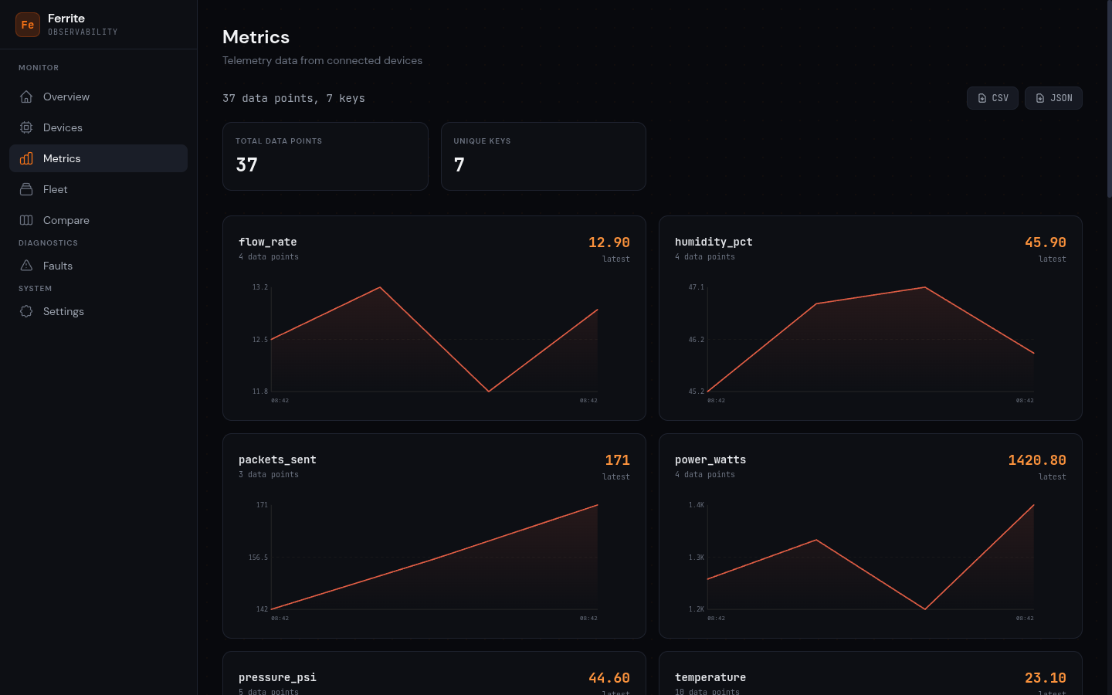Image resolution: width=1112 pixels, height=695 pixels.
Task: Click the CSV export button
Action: [992, 98]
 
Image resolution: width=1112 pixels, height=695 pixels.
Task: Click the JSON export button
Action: [1053, 98]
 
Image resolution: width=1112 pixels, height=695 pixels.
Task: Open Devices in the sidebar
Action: [63, 127]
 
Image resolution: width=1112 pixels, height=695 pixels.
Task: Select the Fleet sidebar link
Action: [55, 189]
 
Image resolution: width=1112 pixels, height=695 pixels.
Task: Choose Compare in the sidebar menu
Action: [66, 220]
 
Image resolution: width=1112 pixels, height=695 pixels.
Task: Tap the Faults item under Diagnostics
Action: [57, 266]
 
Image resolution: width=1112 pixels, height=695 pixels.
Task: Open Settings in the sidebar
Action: [63, 311]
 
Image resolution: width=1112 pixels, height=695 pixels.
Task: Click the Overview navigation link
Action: [66, 97]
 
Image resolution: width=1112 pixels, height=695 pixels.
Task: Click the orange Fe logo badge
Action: [28, 25]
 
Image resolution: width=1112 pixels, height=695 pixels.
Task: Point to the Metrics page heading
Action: [256, 37]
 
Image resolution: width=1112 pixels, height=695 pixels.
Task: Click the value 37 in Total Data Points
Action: [247, 164]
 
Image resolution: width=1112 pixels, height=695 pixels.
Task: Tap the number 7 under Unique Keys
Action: [459, 164]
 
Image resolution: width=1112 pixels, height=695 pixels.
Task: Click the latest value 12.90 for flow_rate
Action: [609, 242]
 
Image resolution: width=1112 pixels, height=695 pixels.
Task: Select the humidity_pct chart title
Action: [714, 242]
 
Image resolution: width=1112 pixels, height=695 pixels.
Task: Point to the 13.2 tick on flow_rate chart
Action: [260, 287]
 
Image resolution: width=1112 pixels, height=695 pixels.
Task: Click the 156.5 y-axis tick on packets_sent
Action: [258, 558]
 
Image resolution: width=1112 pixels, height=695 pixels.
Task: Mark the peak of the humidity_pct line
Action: [925, 287]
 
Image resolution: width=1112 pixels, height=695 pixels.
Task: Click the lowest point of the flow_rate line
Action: [489, 392]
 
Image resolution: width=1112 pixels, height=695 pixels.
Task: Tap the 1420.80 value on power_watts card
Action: [1036, 460]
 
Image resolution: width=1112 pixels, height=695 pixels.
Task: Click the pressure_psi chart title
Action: [277, 677]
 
